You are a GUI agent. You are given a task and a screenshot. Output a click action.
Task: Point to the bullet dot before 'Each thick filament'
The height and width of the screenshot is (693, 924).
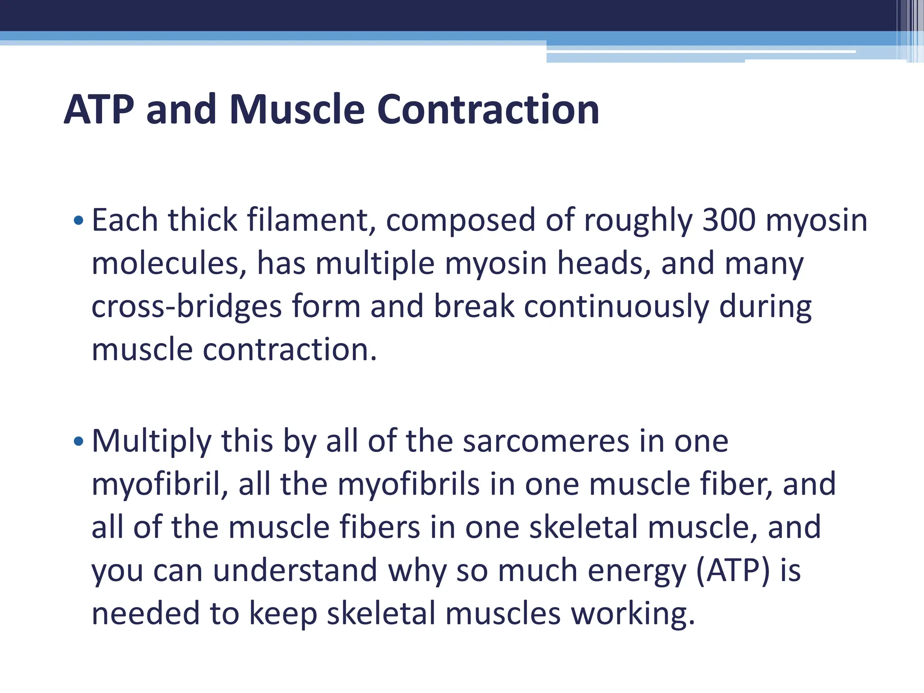click(x=79, y=221)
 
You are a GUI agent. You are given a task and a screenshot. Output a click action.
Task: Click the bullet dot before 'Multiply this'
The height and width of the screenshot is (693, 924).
click(x=79, y=441)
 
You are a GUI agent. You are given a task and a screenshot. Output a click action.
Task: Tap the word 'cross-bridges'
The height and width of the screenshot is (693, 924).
click(x=186, y=307)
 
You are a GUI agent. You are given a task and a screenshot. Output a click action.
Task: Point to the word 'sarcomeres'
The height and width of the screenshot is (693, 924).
click(x=546, y=441)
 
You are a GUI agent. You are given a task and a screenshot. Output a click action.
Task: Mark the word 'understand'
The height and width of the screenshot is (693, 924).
click(x=295, y=570)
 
